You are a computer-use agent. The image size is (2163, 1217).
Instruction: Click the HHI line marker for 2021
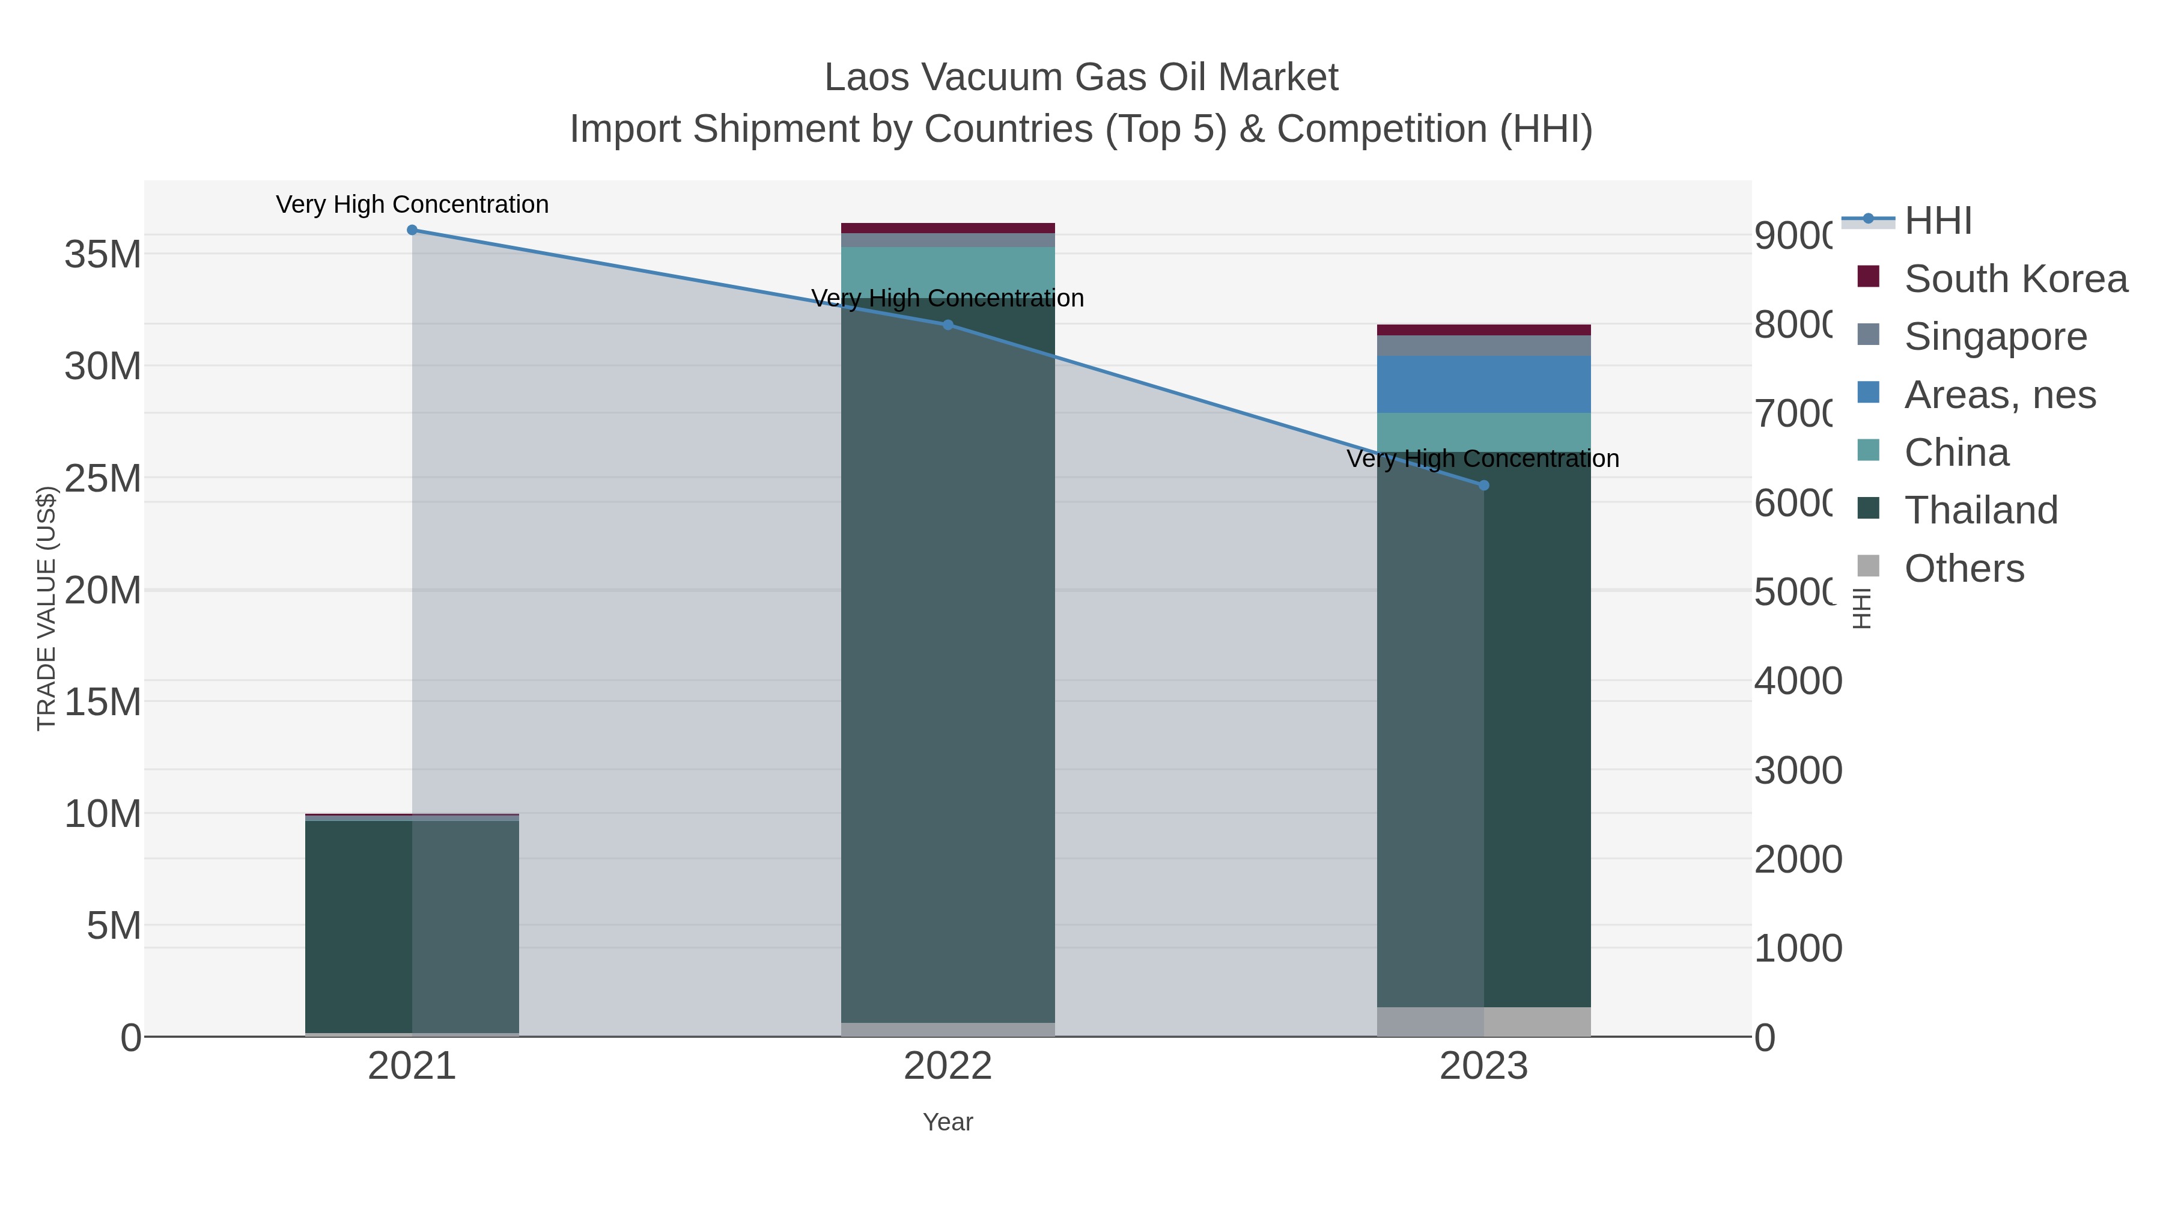click(x=412, y=230)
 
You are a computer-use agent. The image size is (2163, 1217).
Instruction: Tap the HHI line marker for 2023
click(x=1483, y=486)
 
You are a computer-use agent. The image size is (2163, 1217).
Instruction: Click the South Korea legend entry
click(x=2015, y=279)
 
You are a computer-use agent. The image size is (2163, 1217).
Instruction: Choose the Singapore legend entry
click(x=1995, y=337)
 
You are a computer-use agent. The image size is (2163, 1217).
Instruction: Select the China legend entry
click(x=1956, y=453)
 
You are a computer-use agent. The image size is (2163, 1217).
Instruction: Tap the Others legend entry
click(x=1964, y=569)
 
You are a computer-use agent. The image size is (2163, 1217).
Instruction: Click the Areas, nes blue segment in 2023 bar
click(x=1483, y=385)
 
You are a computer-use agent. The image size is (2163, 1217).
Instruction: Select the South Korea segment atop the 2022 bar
click(x=948, y=228)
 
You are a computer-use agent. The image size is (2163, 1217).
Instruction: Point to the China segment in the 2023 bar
click(x=1483, y=432)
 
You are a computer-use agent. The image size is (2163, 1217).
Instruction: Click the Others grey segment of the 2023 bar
click(x=1483, y=1021)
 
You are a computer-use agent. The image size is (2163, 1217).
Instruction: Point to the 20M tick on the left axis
click(x=102, y=590)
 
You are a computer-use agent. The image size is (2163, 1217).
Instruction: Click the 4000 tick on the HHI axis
click(x=1798, y=680)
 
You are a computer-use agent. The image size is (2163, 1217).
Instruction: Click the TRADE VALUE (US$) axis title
click(x=47, y=608)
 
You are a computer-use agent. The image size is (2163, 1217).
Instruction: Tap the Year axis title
click(x=948, y=1122)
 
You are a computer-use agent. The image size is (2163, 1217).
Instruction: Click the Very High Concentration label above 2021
click(x=412, y=205)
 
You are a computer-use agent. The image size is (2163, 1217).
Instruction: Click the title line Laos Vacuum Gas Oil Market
click(x=1081, y=78)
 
